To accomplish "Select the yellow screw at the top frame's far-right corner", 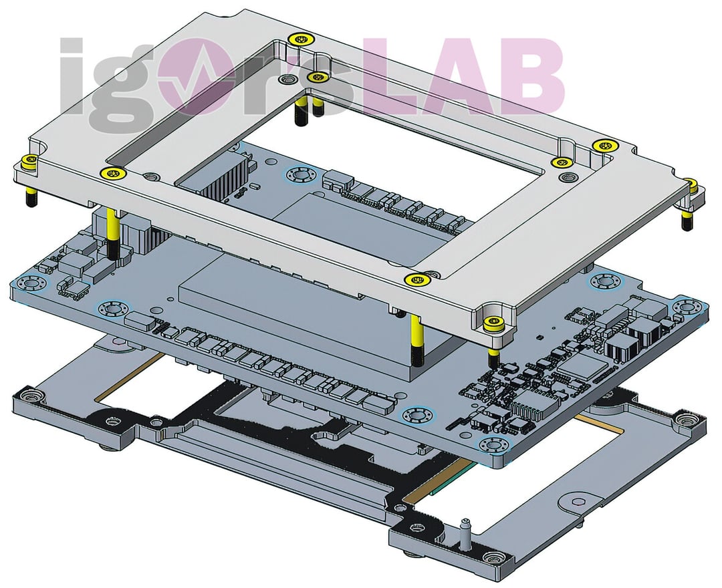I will pos(692,184).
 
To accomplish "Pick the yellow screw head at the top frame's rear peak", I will pos(295,38).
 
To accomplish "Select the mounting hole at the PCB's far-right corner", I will pos(685,307).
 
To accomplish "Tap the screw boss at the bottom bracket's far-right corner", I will pos(684,420).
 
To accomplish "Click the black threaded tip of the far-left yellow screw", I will pos(31,199).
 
